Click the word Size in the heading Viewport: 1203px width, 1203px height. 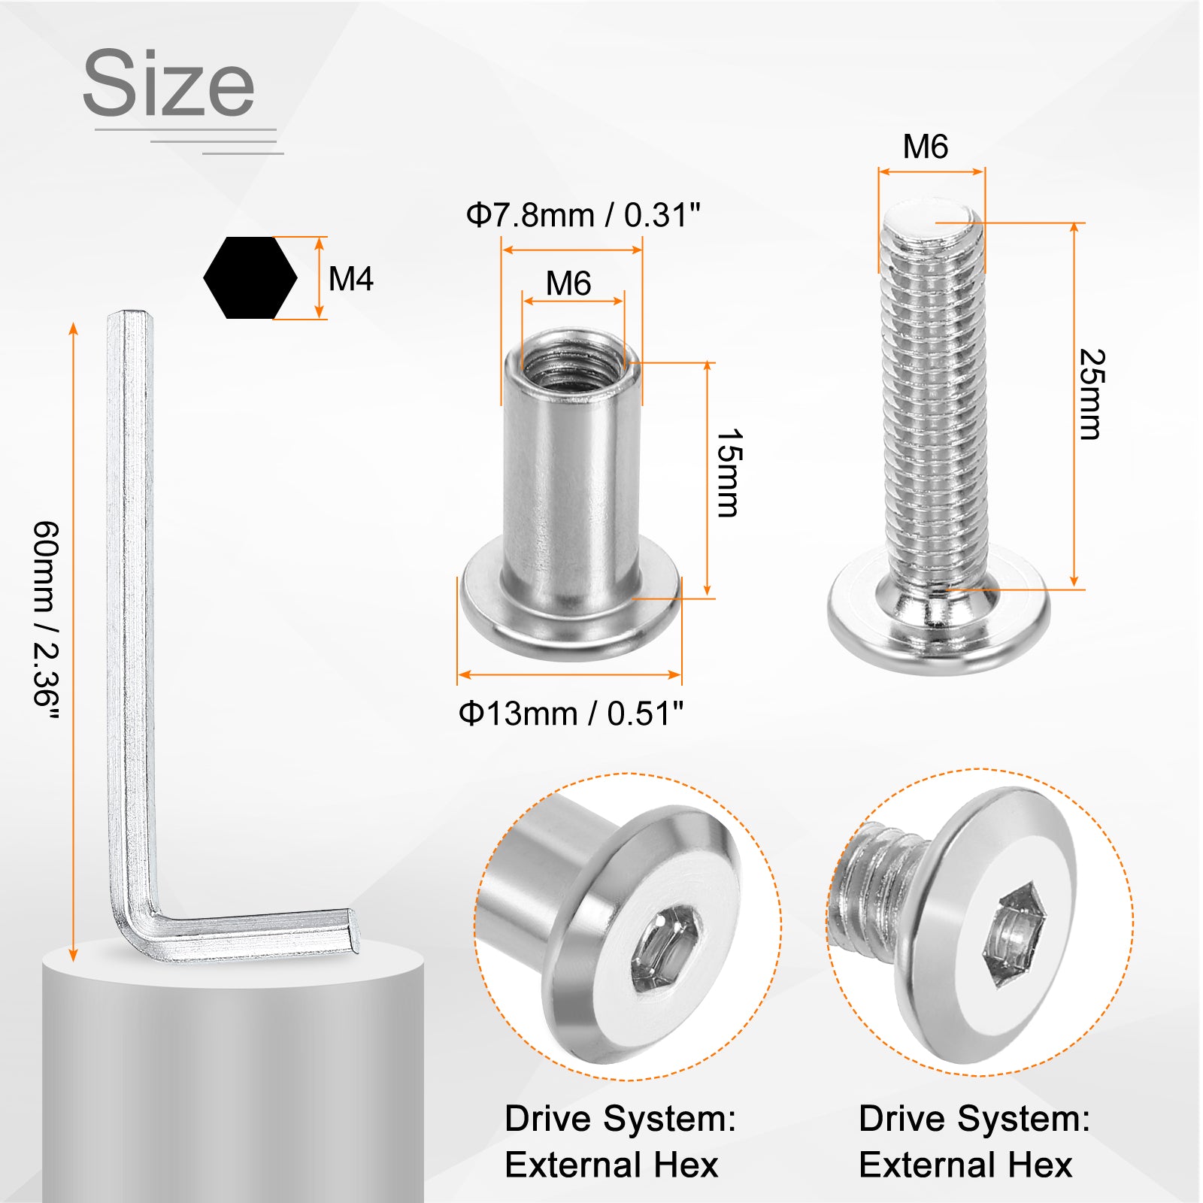coord(168,83)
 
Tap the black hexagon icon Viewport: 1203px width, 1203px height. coord(250,278)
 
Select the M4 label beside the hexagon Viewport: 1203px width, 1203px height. coord(351,280)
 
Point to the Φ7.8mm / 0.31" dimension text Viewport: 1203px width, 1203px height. coord(583,216)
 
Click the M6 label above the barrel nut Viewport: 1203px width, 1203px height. coord(568,284)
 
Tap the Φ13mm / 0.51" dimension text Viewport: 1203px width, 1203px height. coord(571,714)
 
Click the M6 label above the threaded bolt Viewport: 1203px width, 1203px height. coord(926,147)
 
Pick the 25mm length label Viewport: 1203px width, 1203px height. coord(1092,394)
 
